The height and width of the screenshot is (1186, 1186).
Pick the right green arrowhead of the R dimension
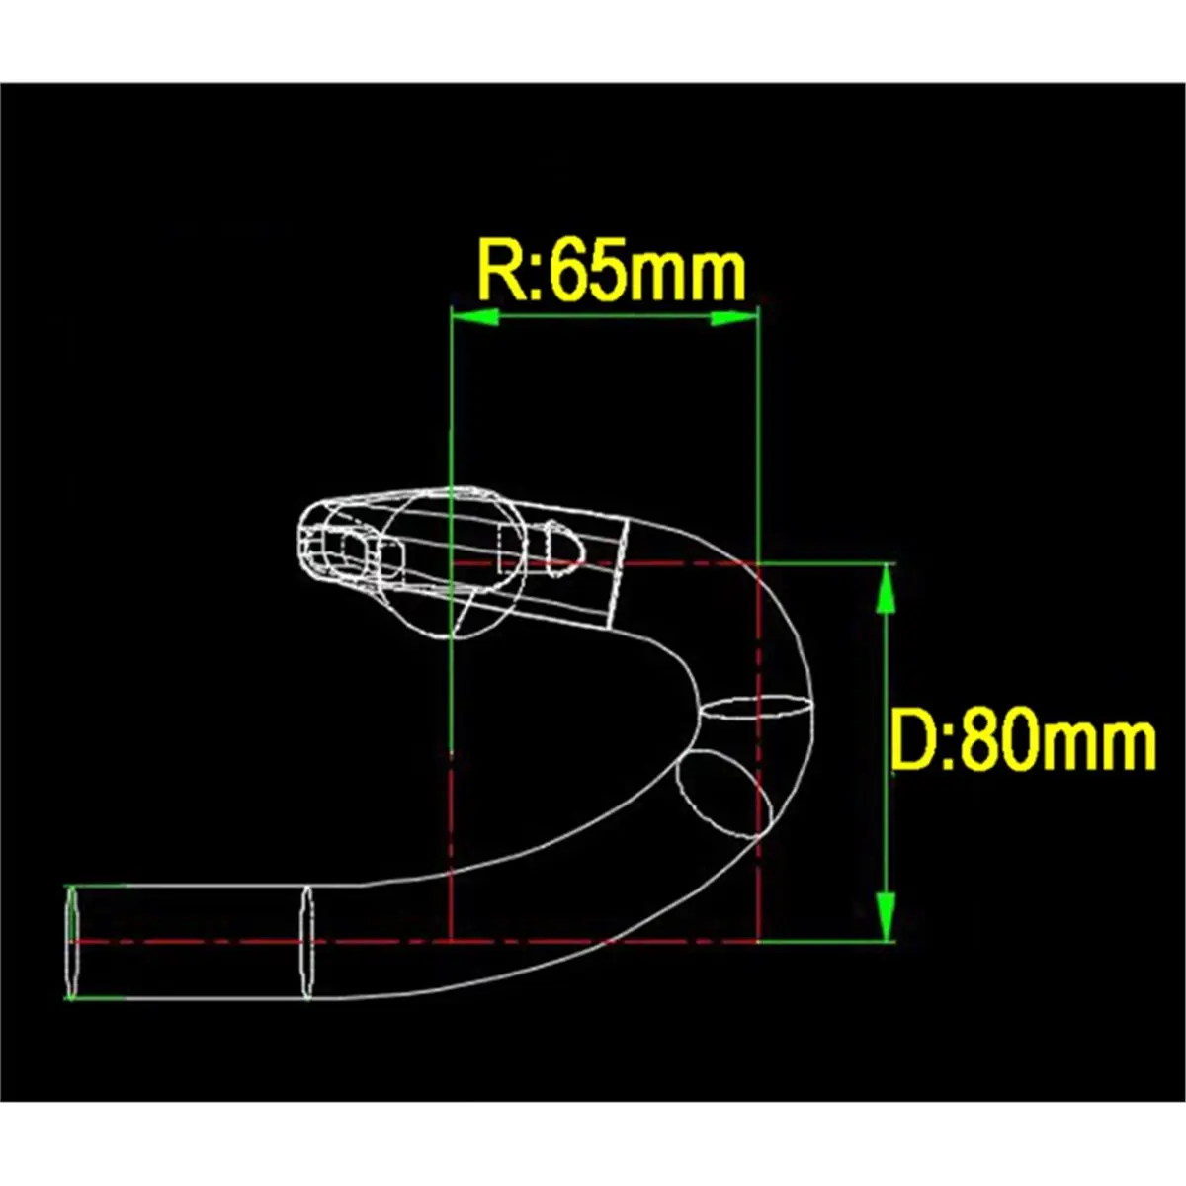(x=734, y=317)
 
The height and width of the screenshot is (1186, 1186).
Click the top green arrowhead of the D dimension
(x=886, y=590)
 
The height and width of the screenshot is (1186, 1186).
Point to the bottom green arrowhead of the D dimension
(x=886, y=915)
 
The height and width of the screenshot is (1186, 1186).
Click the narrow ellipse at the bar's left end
(x=72, y=942)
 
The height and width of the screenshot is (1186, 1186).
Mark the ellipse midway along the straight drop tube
(x=306, y=942)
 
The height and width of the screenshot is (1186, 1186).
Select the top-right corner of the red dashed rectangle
(x=757, y=564)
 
